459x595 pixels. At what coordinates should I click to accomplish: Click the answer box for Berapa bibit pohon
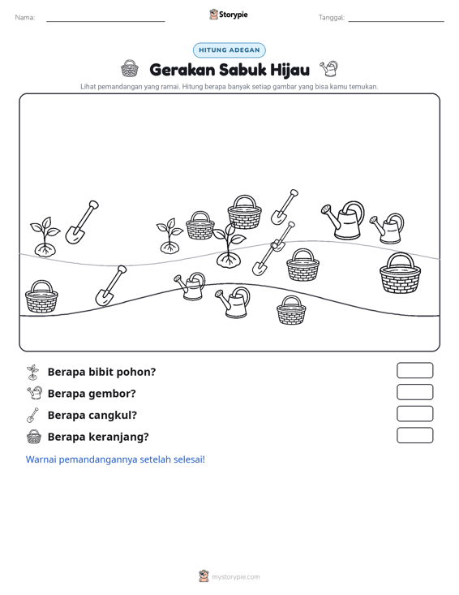(414, 370)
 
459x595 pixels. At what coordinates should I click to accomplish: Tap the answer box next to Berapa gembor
(414, 392)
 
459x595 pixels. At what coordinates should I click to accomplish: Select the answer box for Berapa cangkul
(414, 414)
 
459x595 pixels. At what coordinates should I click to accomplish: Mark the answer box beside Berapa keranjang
(414, 435)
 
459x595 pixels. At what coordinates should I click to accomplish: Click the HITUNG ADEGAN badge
(229, 50)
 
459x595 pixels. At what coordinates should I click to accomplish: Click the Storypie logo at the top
(229, 15)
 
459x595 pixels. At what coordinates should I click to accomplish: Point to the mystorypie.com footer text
(236, 577)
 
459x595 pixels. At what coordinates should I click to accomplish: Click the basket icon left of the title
(130, 68)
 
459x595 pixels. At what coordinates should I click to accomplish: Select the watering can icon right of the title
(328, 68)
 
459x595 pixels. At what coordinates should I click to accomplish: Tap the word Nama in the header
(25, 18)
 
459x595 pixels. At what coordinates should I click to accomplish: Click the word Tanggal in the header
(332, 18)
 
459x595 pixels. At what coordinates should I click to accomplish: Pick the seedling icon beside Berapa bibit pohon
(33, 373)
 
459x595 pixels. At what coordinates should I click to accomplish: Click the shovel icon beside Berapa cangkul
(32, 415)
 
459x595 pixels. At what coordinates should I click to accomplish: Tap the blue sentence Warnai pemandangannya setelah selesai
(115, 459)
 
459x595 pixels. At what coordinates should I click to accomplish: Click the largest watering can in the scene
(343, 221)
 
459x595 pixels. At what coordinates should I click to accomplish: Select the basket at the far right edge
(401, 274)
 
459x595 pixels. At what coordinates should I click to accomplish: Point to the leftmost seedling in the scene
(45, 237)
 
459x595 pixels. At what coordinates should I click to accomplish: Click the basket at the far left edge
(41, 297)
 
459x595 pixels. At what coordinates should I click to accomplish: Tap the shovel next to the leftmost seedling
(82, 222)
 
